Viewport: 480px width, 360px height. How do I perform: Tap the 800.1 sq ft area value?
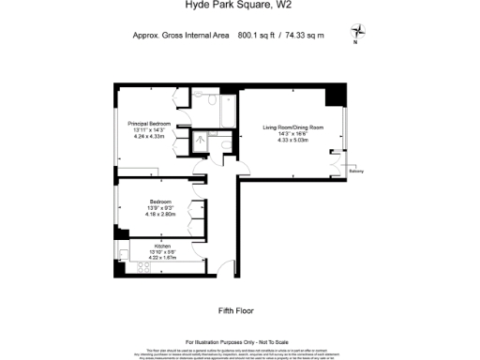coord(258,36)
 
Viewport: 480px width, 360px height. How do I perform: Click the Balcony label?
coord(356,172)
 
